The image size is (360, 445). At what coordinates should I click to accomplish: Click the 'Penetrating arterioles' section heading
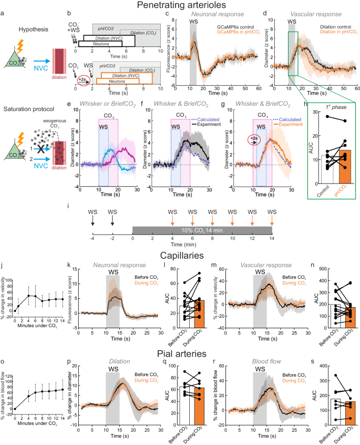pos(180,6)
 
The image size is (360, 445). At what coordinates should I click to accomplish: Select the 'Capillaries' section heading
pos(180,258)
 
